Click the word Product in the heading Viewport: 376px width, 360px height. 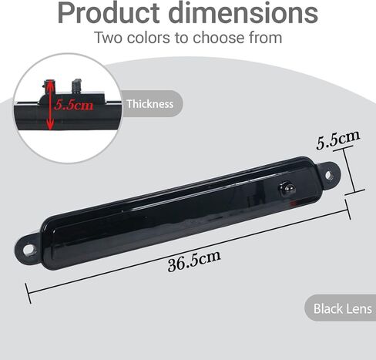(109, 13)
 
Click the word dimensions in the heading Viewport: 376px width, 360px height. (243, 13)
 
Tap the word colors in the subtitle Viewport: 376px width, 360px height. (148, 38)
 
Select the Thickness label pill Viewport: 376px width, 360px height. (152, 103)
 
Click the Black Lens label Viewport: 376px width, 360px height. (341, 308)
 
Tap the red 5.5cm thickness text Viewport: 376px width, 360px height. (74, 105)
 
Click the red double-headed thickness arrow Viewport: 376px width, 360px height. (50, 106)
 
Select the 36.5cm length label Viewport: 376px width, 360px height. (194, 261)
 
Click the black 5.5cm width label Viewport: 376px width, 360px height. (337, 140)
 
